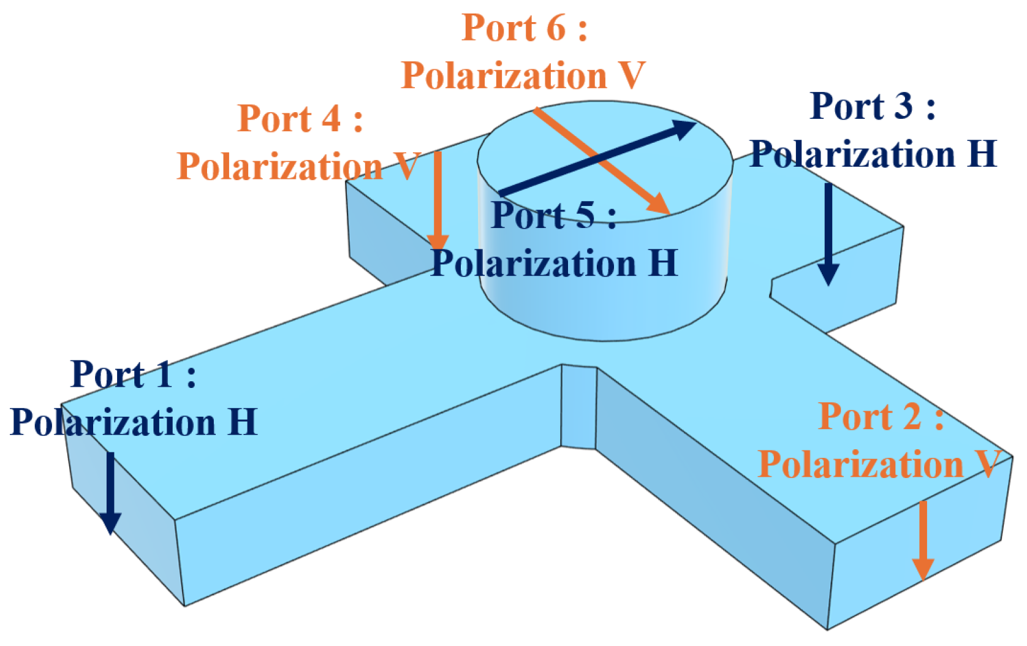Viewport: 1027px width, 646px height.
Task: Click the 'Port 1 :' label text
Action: [133, 374]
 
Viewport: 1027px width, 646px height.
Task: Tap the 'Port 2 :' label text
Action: [881, 417]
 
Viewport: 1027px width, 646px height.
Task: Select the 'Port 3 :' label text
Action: [872, 107]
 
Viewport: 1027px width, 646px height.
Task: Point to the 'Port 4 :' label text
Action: [300, 118]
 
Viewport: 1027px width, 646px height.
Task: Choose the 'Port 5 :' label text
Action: [553, 215]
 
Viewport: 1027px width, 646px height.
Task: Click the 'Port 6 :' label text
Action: [525, 28]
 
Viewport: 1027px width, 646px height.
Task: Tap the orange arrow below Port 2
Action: [923, 539]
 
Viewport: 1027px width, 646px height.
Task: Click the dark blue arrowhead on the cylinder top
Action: [683, 128]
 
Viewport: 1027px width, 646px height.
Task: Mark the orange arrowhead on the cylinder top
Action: [659, 204]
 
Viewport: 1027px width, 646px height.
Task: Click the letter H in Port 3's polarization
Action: [982, 154]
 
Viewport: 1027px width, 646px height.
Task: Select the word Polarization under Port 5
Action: [534, 264]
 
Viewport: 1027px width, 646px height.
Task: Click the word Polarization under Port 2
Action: [861, 464]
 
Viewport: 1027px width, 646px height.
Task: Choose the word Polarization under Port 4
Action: [279, 167]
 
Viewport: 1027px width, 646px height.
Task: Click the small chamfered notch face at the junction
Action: [578, 408]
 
